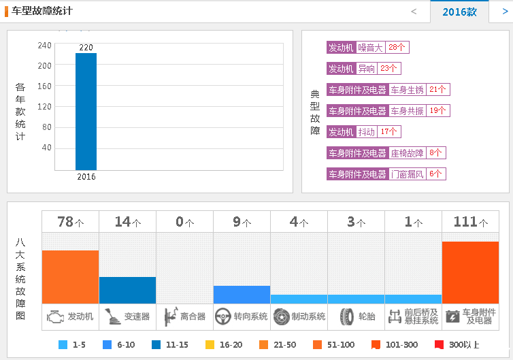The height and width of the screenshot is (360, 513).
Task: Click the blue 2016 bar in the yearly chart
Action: [x=86, y=111]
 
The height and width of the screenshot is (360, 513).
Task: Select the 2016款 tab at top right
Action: [x=459, y=12]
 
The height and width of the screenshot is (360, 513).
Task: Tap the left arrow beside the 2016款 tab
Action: [x=414, y=12]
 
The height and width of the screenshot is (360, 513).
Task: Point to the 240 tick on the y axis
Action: [x=45, y=46]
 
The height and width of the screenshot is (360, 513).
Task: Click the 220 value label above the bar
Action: [x=86, y=48]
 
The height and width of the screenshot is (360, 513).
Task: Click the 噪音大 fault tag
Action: [x=370, y=48]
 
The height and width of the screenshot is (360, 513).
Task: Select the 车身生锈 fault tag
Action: [x=408, y=90]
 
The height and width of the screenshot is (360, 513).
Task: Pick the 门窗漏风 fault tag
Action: [x=408, y=174]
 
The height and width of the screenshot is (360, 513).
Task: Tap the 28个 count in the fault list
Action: [x=397, y=48]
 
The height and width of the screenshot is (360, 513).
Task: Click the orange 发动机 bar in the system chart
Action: [x=70, y=276]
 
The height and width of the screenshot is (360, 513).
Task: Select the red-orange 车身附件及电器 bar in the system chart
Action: [x=470, y=272]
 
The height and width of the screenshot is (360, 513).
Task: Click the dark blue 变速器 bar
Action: [x=127, y=290]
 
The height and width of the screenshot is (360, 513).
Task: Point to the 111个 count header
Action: [x=470, y=222]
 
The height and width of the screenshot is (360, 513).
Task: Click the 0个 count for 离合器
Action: [x=184, y=222]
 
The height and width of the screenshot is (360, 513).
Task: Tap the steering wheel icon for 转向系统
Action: [x=222, y=316]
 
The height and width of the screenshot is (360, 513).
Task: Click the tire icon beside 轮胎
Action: [x=347, y=316]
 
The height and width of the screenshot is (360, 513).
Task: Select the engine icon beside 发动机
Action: [x=54, y=316]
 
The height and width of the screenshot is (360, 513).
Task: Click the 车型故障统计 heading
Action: [x=42, y=11]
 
